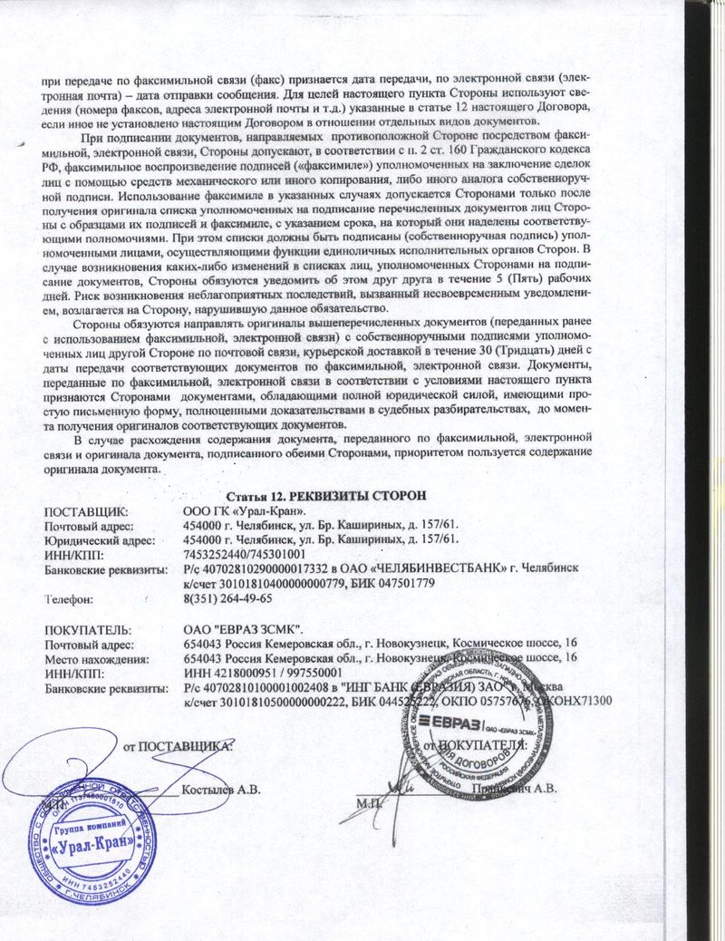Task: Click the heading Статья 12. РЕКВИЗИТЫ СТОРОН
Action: click(323, 494)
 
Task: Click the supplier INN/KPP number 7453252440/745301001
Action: click(244, 554)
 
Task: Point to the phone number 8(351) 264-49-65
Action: click(227, 598)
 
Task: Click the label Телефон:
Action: click(76, 598)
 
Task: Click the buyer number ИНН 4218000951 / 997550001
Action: click(262, 674)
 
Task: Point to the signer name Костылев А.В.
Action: click(221, 789)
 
